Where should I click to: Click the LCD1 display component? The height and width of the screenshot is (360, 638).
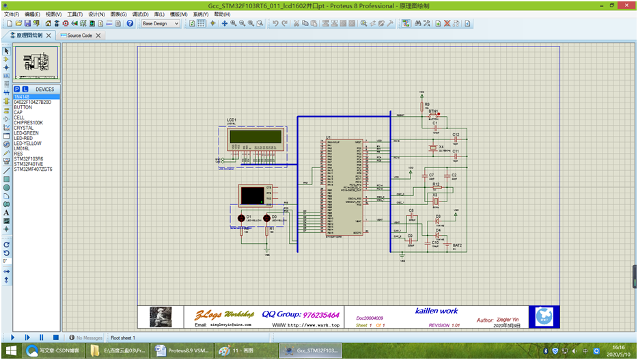click(x=256, y=137)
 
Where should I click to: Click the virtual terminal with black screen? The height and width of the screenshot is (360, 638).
click(x=255, y=195)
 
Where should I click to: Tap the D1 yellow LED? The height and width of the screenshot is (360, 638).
click(x=241, y=219)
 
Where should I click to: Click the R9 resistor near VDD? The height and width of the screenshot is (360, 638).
click(x=421, y=107)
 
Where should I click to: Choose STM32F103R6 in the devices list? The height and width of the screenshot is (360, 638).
click(x=29, y=158)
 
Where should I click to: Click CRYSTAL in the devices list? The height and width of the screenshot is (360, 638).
click(x=24, y=128)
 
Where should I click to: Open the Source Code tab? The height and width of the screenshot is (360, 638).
click(x=79, y=36)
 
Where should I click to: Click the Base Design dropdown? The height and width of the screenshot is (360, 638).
click(x=161, y=23)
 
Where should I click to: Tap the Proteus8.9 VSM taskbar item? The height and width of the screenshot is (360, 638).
click(x=181, y=350)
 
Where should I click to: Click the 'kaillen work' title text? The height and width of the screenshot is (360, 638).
click(x=436, y=311)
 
